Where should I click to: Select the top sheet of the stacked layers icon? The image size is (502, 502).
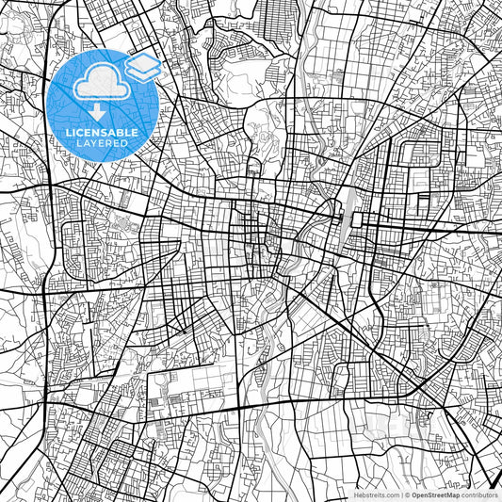(x=142, y=62)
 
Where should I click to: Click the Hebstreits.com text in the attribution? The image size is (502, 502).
(x=374, y=494)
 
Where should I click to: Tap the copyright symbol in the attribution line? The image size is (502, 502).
(x=407, y=494)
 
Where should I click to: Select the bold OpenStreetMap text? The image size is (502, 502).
(x=435, y=494)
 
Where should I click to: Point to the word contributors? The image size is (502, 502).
(x=479, y=494)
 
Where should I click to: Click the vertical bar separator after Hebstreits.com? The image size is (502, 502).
(x=400, y=494)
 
